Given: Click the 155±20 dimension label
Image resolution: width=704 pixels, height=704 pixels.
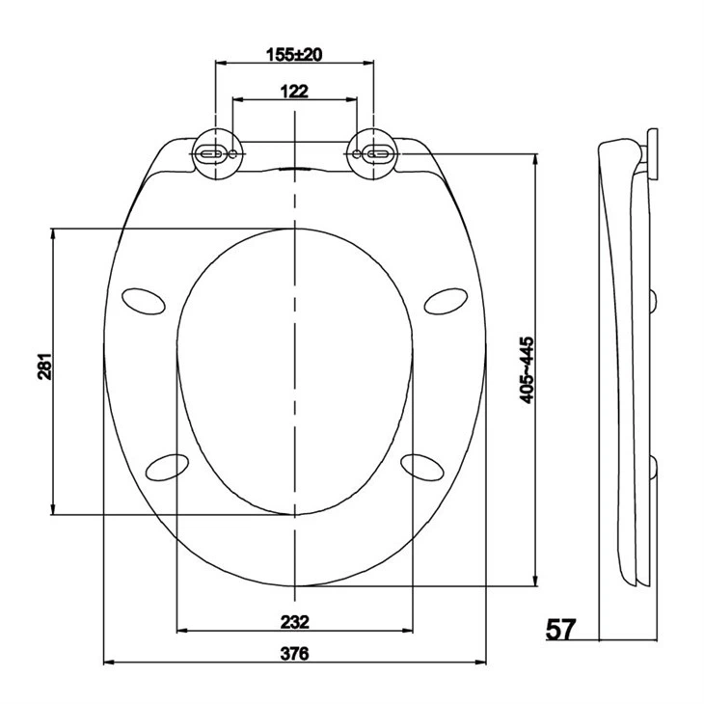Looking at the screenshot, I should click(293, 54).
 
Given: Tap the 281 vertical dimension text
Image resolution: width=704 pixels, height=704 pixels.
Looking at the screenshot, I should click(43, 371).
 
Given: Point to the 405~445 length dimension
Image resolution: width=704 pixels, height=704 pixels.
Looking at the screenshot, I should click(526, 370).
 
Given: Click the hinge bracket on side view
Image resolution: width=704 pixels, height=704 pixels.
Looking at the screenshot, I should click(652, 154).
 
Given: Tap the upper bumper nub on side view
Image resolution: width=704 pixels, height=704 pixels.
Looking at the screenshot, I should click(655, 301).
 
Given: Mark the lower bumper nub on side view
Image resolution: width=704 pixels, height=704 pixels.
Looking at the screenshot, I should click(655, 469).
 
